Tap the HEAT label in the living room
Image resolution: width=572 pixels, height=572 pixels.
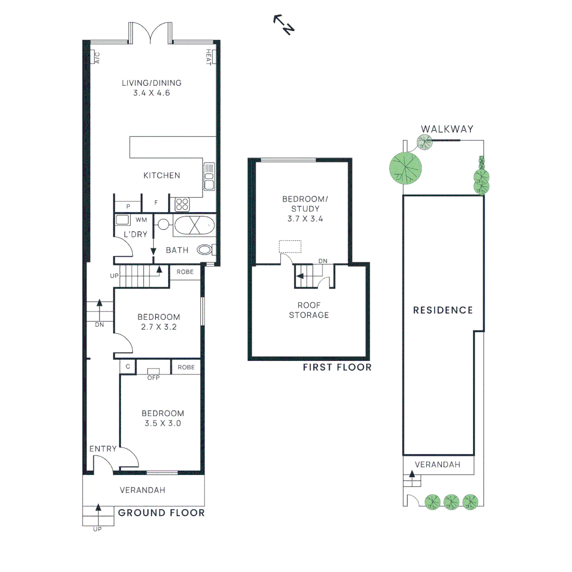209,57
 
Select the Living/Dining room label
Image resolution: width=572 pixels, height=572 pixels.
151,83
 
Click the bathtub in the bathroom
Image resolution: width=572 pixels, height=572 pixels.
193,226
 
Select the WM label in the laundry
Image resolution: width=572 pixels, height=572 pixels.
141,219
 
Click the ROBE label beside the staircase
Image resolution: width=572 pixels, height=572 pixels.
185,272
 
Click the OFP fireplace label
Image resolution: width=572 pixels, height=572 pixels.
153,378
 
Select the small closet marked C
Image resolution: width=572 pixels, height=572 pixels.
128,367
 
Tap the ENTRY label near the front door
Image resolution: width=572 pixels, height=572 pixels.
103,449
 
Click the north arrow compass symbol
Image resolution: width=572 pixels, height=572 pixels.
284,25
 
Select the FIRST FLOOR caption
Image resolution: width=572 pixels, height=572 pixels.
337,367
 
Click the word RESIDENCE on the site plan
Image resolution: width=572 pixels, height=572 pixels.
443,310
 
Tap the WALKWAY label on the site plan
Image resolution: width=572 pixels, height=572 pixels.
447,129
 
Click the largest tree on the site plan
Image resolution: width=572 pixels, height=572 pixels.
406,167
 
